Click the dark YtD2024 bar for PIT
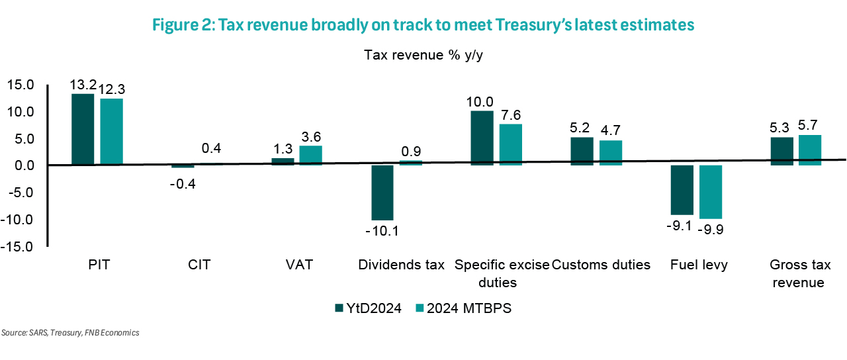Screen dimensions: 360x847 click(82, 129)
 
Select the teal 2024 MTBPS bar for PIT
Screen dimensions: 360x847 click(112, 132)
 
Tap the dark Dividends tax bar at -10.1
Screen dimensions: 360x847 click(382, 193)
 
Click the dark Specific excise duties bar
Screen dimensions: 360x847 click(481, 138)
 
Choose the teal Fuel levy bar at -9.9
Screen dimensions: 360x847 click(710, 192)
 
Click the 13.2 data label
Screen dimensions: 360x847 click(83, 85)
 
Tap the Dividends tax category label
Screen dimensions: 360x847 click(401, 265)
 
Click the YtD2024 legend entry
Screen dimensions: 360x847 click(369, 308)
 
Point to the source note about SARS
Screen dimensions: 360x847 click(70, 333)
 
